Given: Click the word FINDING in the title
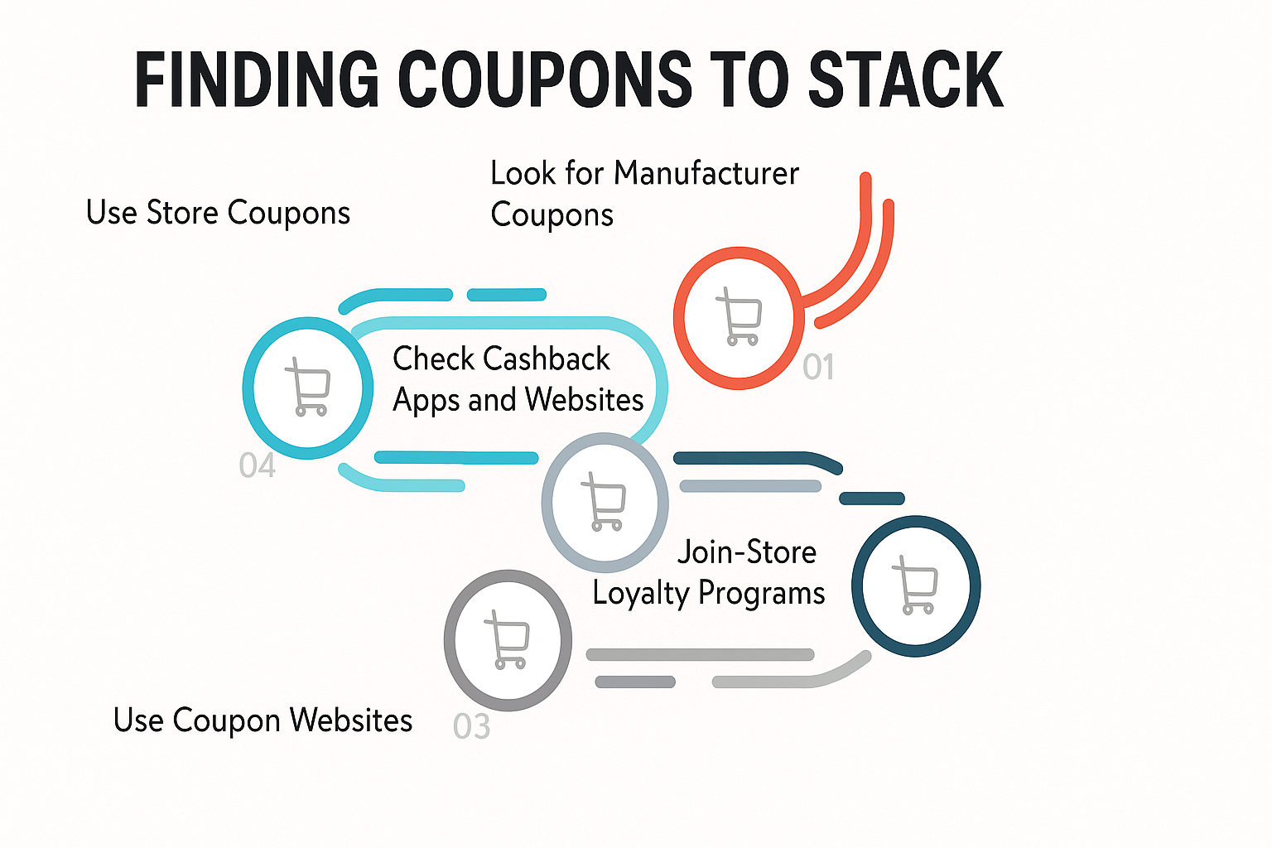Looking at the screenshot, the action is (x=257, y=79).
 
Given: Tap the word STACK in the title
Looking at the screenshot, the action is (x=906, y=79).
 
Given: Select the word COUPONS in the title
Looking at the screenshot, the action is (x=545, y=79).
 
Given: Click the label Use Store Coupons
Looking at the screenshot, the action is (x=218, y=213).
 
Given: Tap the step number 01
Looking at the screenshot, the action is (x=818, y=366).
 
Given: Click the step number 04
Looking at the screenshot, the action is (x=258, y=465).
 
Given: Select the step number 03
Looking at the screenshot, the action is (x=471, y=726).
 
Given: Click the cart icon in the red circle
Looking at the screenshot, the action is (x=740, y=317).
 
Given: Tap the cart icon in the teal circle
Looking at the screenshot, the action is (x=308, y=388).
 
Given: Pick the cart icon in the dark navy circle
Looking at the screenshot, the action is (x=915, y=585).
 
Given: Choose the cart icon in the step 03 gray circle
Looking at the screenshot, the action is (x=507, y=639).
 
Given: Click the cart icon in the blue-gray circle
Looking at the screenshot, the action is (x=604, y=502).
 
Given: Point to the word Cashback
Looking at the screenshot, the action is (x=548, y=359).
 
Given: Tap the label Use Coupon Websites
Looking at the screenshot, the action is (x=263, y=720).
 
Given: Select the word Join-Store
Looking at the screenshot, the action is (x=747, y=552).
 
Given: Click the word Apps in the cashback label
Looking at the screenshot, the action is (x=426, y=401).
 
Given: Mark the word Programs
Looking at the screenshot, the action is (x=762, y=594).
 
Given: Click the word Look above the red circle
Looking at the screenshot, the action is (x=523, y=173).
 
